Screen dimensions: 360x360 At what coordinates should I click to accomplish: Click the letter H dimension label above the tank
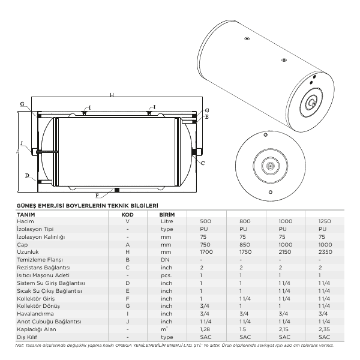112,95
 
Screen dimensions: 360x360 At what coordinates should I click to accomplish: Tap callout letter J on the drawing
22,143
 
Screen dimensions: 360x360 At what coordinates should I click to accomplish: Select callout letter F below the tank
97,196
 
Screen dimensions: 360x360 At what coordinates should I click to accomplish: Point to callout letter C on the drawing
203,163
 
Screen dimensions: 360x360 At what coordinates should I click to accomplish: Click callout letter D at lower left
27,176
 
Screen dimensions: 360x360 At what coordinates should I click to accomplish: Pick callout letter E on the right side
207,117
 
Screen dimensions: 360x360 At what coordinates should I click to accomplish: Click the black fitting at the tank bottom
117,190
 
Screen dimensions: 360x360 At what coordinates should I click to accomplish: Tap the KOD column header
127,215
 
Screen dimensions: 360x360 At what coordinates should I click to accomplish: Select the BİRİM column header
167,215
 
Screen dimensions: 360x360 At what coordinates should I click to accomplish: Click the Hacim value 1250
325,221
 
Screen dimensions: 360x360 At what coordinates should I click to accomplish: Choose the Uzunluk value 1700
206,252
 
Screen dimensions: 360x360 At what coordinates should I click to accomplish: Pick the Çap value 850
245,245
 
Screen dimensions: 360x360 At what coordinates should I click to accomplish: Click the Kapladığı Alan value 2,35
324,329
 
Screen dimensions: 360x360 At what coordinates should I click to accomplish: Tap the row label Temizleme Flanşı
40,260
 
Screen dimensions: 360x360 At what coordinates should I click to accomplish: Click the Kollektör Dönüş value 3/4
205,306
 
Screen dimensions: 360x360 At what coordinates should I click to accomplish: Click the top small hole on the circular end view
266,135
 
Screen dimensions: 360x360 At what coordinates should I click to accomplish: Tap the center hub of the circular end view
271,166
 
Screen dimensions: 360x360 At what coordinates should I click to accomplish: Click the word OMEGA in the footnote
123,346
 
